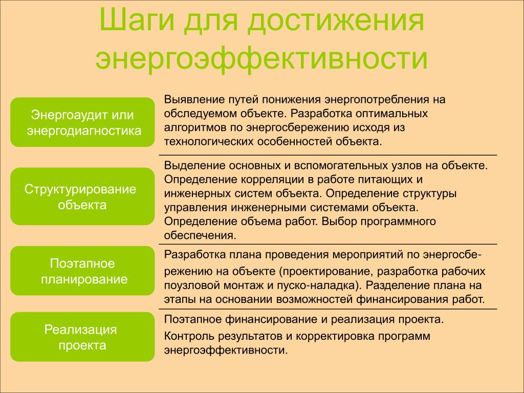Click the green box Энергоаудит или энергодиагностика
tap(82, 122)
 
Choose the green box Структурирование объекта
tap(82, 196)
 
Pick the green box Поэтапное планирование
tap(82, 271)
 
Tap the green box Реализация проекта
tap(82, 337)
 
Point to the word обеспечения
tap(200, 235)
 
